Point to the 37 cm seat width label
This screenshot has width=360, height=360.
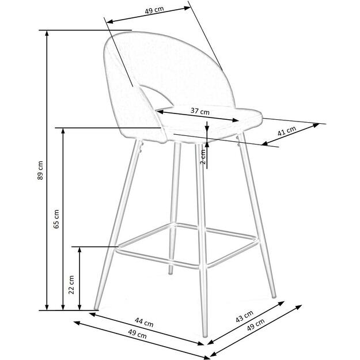(200, 111)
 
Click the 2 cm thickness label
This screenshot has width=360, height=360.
(203, 156)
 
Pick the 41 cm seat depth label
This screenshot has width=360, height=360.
(286, 132)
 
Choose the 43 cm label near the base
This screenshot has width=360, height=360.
(245, 317)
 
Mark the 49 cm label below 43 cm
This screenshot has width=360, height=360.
(256, 328)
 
